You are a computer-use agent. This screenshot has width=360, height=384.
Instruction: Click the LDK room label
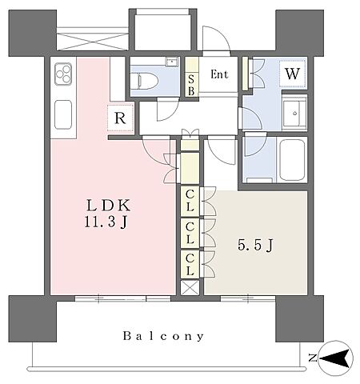[108, 206]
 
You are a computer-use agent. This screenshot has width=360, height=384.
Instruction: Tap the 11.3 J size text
[106, 222]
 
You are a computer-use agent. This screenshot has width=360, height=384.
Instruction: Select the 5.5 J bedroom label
[255, 245]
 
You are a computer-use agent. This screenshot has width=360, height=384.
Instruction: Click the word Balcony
[163, 336]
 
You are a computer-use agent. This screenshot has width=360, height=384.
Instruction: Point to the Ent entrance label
[219, 74]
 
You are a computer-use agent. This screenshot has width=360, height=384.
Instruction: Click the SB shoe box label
[191, 85]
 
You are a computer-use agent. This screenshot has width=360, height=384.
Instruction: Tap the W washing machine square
[293, 74]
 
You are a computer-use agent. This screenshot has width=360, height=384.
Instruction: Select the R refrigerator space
[120, 118]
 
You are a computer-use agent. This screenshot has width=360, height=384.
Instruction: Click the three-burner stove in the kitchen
[63, 74]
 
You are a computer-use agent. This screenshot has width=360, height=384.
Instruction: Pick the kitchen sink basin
[63, 114]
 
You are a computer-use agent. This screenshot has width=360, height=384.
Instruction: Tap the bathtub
[292, 161]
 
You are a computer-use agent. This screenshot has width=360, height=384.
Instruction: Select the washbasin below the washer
[294, 114]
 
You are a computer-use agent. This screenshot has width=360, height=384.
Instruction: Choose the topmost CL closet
[190, 201]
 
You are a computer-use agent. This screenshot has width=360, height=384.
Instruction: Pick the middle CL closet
[190, 233]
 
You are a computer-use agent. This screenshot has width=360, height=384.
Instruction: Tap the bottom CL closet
[190, 265]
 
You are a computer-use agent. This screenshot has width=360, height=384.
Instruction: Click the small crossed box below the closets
[190, 288]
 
